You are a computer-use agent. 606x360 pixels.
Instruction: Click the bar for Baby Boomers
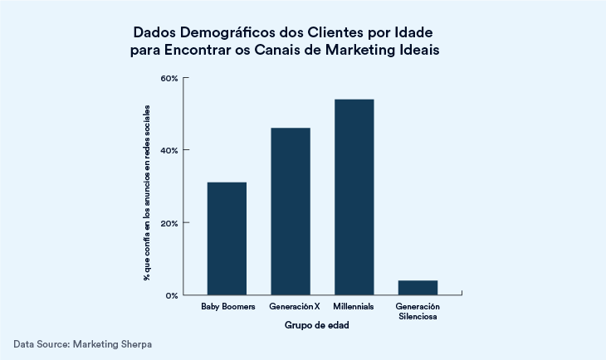227,238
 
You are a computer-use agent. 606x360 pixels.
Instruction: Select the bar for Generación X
291,212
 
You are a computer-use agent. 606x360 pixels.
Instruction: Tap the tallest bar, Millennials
354,197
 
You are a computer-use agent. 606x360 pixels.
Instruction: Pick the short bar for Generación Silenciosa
418,287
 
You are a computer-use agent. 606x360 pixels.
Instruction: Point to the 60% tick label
169,78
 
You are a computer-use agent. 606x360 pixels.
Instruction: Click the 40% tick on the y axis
169,150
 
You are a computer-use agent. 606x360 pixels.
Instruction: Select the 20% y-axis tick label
169,223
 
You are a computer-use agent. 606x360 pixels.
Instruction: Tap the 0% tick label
172,295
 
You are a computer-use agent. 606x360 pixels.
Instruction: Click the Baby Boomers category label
227,307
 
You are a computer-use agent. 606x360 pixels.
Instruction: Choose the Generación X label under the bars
291,307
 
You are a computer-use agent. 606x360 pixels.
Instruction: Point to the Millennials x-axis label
354,307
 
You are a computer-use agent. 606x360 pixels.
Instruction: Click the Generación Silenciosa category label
418,312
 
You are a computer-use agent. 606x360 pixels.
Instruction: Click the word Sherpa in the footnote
134,343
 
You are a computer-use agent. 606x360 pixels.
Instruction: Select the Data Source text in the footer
41,343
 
